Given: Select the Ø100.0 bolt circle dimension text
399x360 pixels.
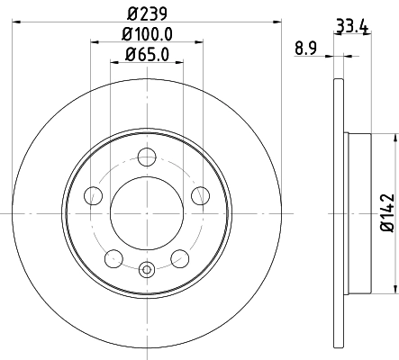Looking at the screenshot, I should [x=147, y=33].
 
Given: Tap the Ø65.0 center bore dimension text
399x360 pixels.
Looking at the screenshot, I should [x=147, y=54].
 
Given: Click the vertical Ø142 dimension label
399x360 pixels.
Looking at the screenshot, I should [x=385, y=212].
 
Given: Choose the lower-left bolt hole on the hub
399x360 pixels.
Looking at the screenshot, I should [x=113, y=258].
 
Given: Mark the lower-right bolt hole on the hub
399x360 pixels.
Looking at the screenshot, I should [x=179, y=258].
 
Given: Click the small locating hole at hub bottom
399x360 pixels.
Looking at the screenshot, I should [x=147, y=266].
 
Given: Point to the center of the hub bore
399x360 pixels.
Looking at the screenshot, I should [x=147, y=213].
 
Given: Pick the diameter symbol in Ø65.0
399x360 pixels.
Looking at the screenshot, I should [x=131, y=54].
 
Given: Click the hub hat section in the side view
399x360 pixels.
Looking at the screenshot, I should [x=358, y=213].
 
